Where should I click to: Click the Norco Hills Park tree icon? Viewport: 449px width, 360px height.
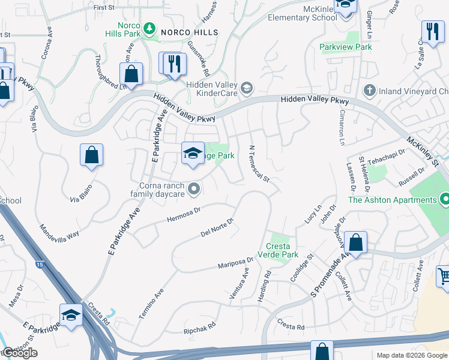pyautogui.click(x=148, y=28)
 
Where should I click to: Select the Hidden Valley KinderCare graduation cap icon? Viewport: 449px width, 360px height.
pyautogui.click(x=246, y=89)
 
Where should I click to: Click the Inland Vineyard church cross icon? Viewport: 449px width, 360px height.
pyautogui.click(x=370, y=91)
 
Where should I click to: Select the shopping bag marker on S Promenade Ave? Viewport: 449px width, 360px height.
pyautogui.click(x=356, y=244)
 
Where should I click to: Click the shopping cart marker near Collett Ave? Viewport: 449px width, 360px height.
pyautogui.click(x=444, y=277)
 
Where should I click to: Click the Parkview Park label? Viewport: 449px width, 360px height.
pyautogui.click(x=346, y=47)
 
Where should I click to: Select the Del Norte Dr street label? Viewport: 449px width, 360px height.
pyautogui.click(x=216, y=227)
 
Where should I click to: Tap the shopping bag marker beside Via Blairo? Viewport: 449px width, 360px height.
pyautogui.click(x=91, y=155)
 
